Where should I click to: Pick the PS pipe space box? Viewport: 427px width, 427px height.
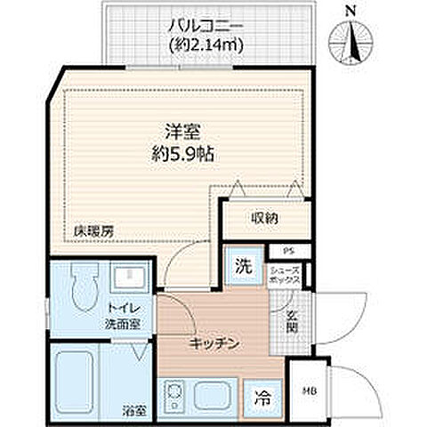288,252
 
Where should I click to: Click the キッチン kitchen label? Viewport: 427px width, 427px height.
213,345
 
